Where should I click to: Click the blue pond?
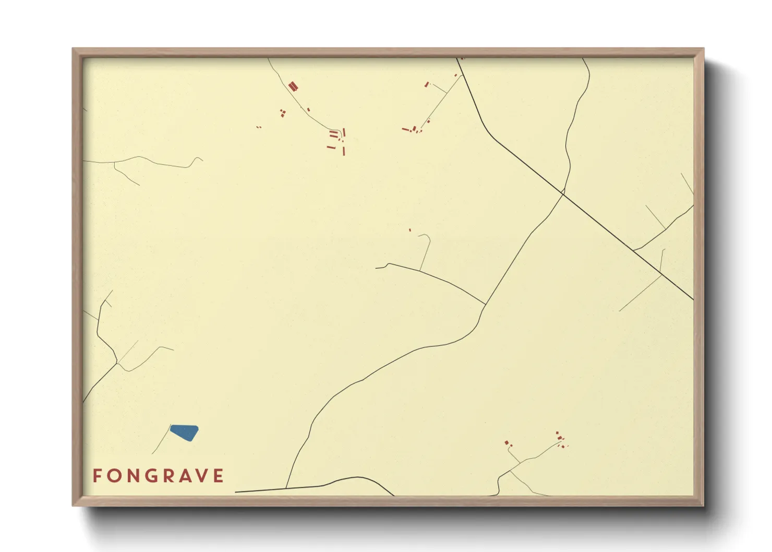coord(184,433)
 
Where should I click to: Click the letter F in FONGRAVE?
coord(97,475)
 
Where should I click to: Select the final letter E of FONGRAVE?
coord(219,475)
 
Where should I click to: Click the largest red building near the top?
coord(293,86)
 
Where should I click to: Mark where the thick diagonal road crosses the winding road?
coord(563,193)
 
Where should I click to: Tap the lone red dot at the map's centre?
coord(410,230)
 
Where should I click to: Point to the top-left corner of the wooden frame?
coord(73,49)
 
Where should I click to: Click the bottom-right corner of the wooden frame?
coord(703,505)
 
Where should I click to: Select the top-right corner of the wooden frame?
coord(703,49)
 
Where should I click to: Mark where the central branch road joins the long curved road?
coord(486,304)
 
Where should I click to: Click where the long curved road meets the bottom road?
coord(286,488)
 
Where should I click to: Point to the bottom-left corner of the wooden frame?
coord(73,505)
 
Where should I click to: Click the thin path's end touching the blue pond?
coord(171,427)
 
